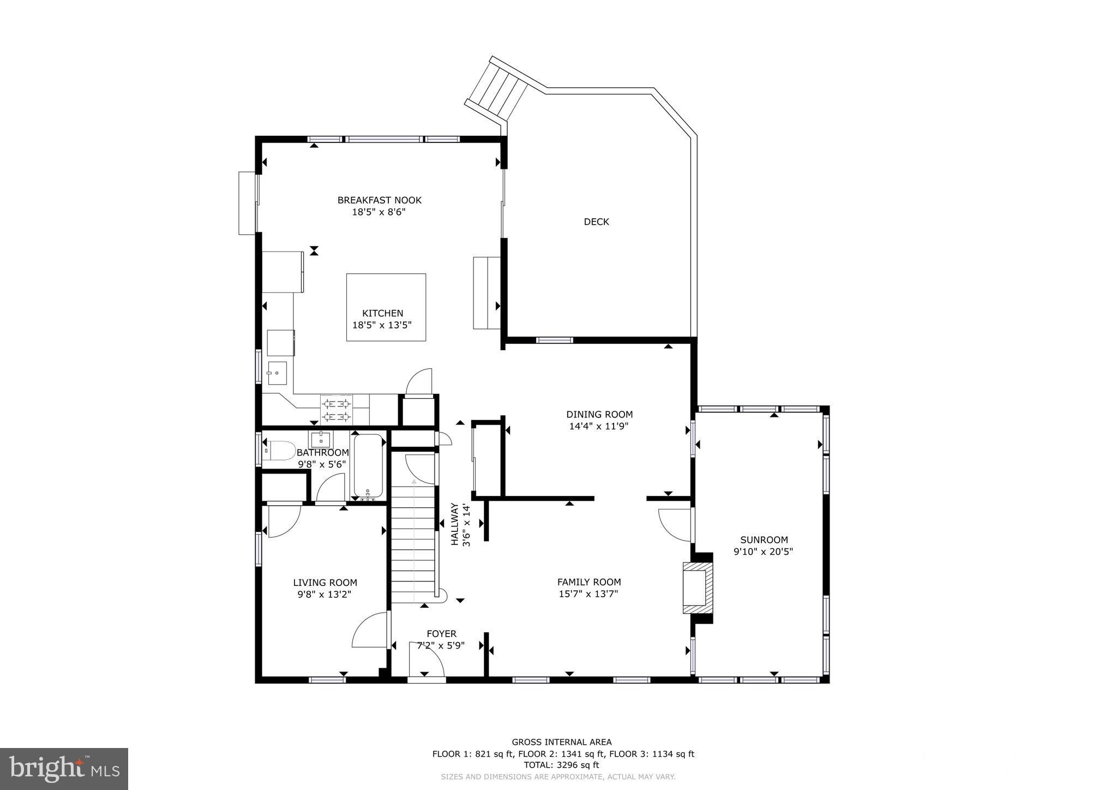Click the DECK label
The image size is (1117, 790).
click(x=596, y=222)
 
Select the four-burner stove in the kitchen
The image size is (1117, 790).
click(x=336, y=410)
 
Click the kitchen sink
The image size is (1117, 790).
click(x=277, y=373)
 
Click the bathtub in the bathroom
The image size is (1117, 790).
click(x=368, y=465)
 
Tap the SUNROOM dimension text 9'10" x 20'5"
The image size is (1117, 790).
click(x=763, y=552)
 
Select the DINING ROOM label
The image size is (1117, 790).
click(x=599, y=414)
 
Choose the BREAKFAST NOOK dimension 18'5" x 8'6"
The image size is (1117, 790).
click(x=379, y=212)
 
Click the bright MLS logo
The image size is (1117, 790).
click(x=64, y=769)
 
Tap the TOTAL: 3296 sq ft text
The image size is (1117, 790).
click(x=561, y=765)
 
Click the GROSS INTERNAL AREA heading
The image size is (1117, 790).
click(x=561, y=742)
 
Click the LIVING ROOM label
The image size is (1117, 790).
click(x=325, y=583)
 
